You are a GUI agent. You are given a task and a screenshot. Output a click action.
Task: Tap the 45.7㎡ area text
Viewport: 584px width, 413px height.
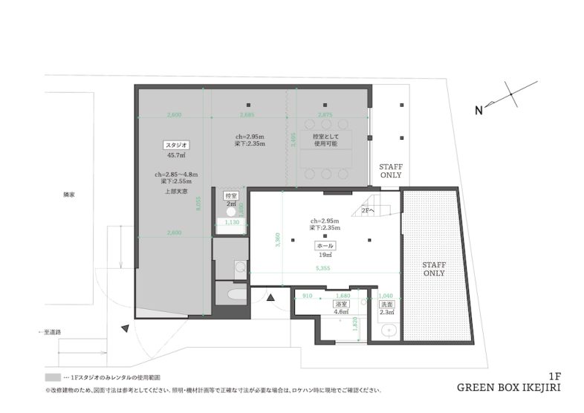[x=176, y=155]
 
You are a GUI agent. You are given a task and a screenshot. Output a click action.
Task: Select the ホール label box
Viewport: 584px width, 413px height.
[x=325, y=244]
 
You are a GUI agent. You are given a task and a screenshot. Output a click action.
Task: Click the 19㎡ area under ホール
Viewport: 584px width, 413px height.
[x=325, y=254]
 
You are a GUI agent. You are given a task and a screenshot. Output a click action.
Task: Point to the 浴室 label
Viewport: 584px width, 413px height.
[x=342, y=305]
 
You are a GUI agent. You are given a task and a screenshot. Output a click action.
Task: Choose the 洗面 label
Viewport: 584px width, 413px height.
[x=386, y=305]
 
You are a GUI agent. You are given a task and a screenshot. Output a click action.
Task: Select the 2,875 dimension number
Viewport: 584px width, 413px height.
[x=325, y=115]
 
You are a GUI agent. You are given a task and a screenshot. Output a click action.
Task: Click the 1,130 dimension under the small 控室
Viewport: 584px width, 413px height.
[x=230, y=222]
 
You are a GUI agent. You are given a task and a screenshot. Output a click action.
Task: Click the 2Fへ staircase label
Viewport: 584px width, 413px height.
[x=369, y=210]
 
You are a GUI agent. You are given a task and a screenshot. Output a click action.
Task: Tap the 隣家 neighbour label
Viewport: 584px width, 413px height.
[x=69, y=194]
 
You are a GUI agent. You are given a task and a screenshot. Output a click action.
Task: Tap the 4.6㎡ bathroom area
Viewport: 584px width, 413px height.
[x=342, y=313]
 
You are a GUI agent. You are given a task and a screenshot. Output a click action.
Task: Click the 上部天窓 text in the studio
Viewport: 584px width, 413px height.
[x=176, y=191]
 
